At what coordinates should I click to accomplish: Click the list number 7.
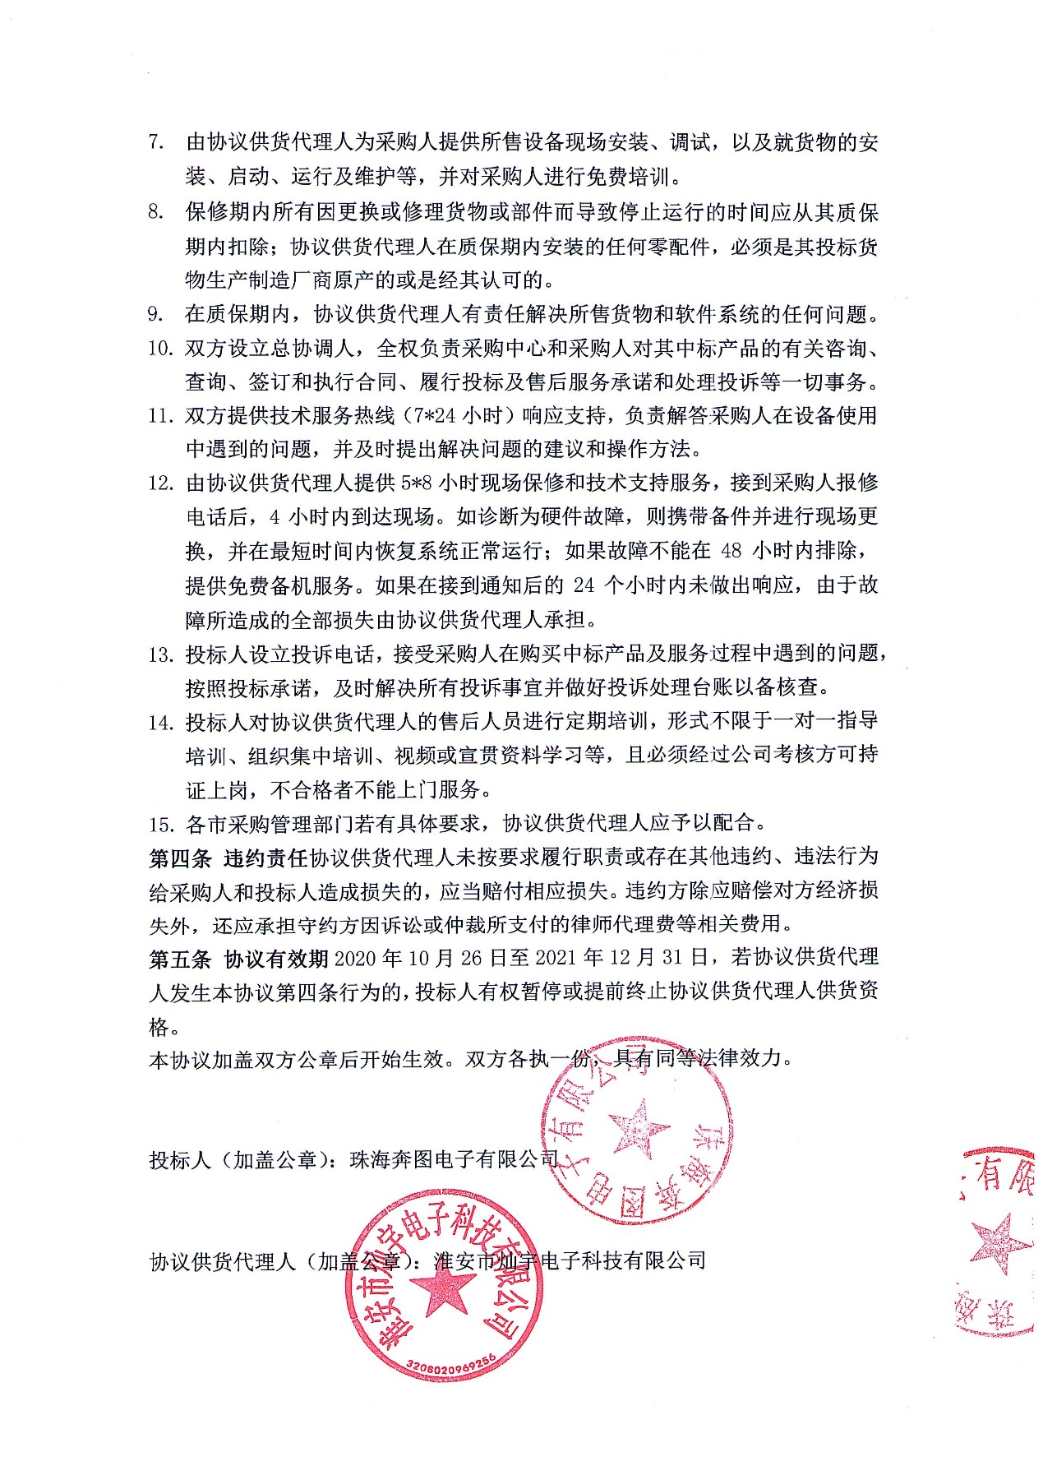[156, 142]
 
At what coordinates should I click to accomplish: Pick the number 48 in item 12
[731, 551]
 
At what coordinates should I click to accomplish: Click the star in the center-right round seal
[639, 1129]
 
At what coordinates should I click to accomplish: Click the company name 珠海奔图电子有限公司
[454, 1160]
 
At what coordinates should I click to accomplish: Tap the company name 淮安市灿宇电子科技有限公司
[569, 1260]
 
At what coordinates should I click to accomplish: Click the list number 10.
[160, 349]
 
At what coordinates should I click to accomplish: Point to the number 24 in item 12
[584, 585]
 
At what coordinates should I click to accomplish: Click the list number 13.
[160, 655]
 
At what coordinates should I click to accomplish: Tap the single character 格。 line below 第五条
[159, 1027]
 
